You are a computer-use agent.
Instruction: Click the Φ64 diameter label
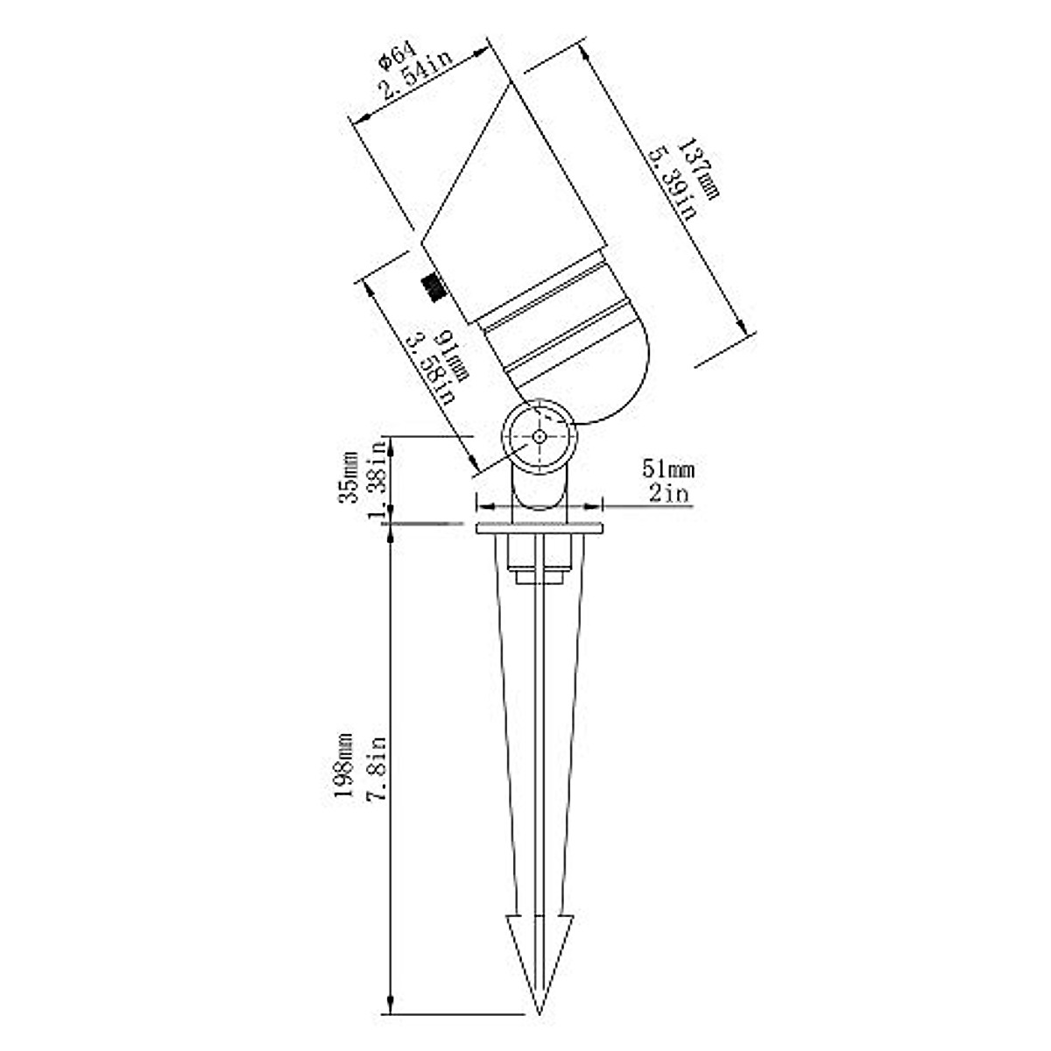(x=399, y=56)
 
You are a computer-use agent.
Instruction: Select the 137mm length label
(x=699, y=168)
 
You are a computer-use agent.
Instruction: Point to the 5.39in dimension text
(x=674, y=184)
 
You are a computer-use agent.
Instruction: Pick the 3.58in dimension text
(x=432, y=370)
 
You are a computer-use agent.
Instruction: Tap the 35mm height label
(x=349, y=477)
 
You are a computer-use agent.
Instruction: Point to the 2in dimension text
(x=668, y=494)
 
